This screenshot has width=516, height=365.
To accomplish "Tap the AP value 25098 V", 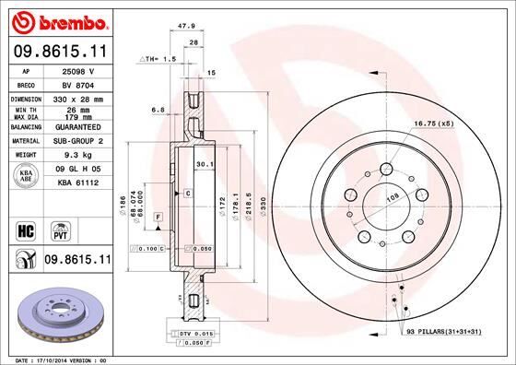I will click(x=78, y=70).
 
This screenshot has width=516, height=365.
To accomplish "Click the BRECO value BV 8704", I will click(x=78, y=83).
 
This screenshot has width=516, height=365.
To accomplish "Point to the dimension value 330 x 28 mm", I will click(x=78, y=97).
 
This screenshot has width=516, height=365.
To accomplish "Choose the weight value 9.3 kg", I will click(x=78, y=156).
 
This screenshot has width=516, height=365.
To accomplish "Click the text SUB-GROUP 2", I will click(x=78, y=141).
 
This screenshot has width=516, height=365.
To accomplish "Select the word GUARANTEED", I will click(x=78, y=127).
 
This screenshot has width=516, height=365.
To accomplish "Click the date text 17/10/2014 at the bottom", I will click(x=61, y=359).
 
